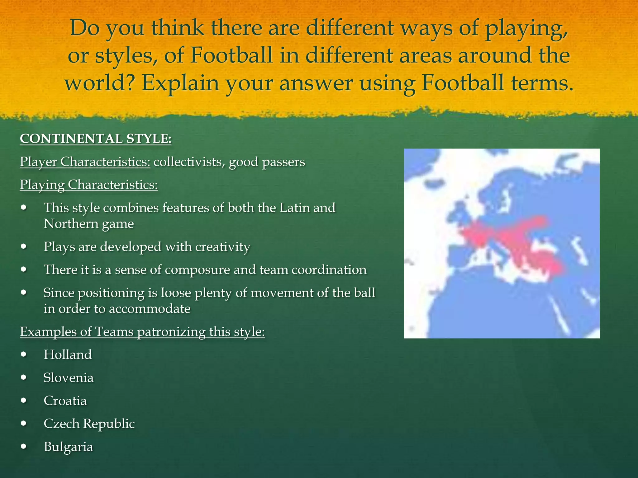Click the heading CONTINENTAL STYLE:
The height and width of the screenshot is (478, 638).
(96, 139)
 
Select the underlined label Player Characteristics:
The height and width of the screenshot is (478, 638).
(85, 162)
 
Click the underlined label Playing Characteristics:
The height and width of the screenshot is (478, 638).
(89, 185)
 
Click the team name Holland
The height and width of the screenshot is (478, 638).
(68, 355)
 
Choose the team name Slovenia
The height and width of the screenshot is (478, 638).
(69, 378)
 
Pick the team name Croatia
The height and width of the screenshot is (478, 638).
(65, 401)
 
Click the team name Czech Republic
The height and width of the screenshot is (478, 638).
(89, 424)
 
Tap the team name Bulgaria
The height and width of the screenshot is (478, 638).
(68, 447)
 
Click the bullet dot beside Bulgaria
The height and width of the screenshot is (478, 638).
(24, 447)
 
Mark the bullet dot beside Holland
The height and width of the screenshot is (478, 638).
(24, 355)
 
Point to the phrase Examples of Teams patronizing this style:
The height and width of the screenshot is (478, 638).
(142, 332)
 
